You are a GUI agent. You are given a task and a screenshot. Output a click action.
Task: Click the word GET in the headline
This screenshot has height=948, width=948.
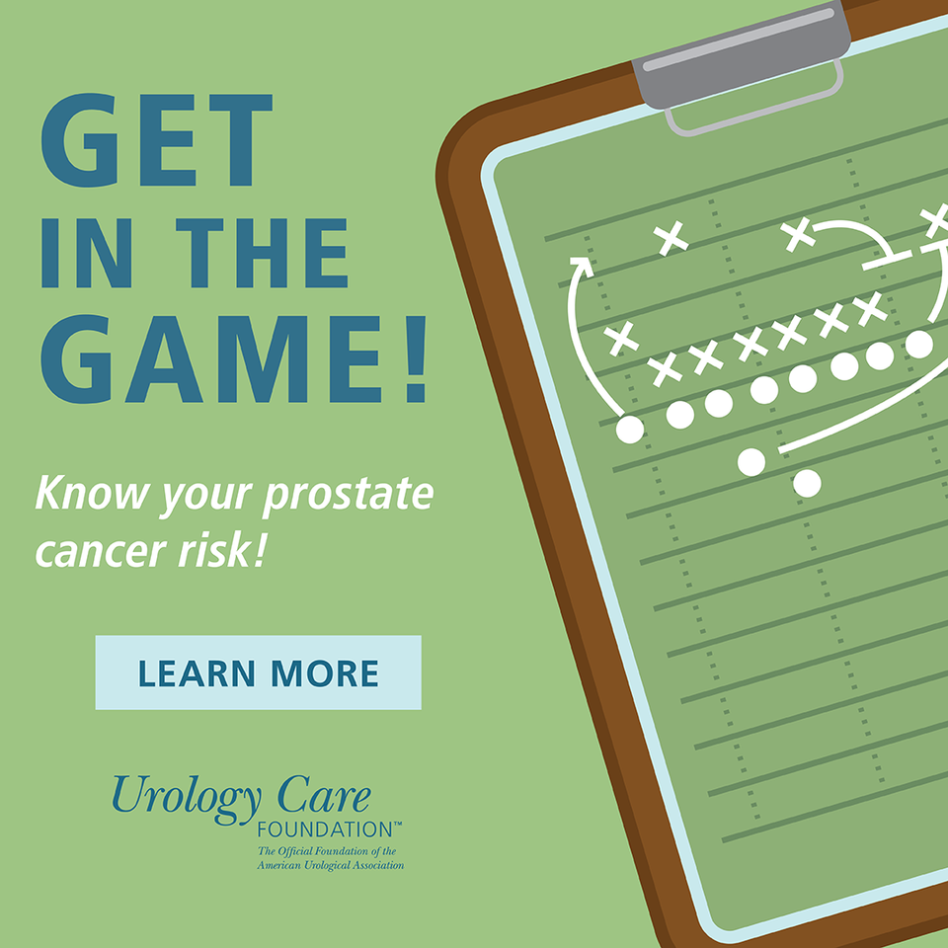pos(157,139)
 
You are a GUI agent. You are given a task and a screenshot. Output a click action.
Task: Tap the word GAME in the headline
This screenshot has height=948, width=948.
pos(211,358)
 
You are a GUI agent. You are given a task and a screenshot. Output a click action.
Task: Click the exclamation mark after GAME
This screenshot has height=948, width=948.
pos(417,358)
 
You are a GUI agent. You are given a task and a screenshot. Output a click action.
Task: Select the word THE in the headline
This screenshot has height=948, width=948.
pos(261,253)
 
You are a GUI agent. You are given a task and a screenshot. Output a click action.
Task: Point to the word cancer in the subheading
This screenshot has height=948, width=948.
pos(101,552)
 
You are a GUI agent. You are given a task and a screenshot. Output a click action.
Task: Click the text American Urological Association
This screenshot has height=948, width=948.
pos(330,865)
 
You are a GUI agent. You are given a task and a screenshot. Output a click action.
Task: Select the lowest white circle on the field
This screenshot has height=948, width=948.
pos(807,483)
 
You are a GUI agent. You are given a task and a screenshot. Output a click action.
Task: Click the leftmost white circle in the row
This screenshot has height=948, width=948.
pos(630,430)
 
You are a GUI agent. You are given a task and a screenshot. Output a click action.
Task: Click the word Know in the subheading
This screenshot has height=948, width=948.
pos(92,493)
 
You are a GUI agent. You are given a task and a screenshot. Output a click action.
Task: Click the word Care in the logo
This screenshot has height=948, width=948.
pos(324,793)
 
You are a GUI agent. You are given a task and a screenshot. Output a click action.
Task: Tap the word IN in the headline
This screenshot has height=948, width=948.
pos(87,253)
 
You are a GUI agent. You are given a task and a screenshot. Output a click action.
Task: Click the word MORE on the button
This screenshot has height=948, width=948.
pos(325,673)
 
